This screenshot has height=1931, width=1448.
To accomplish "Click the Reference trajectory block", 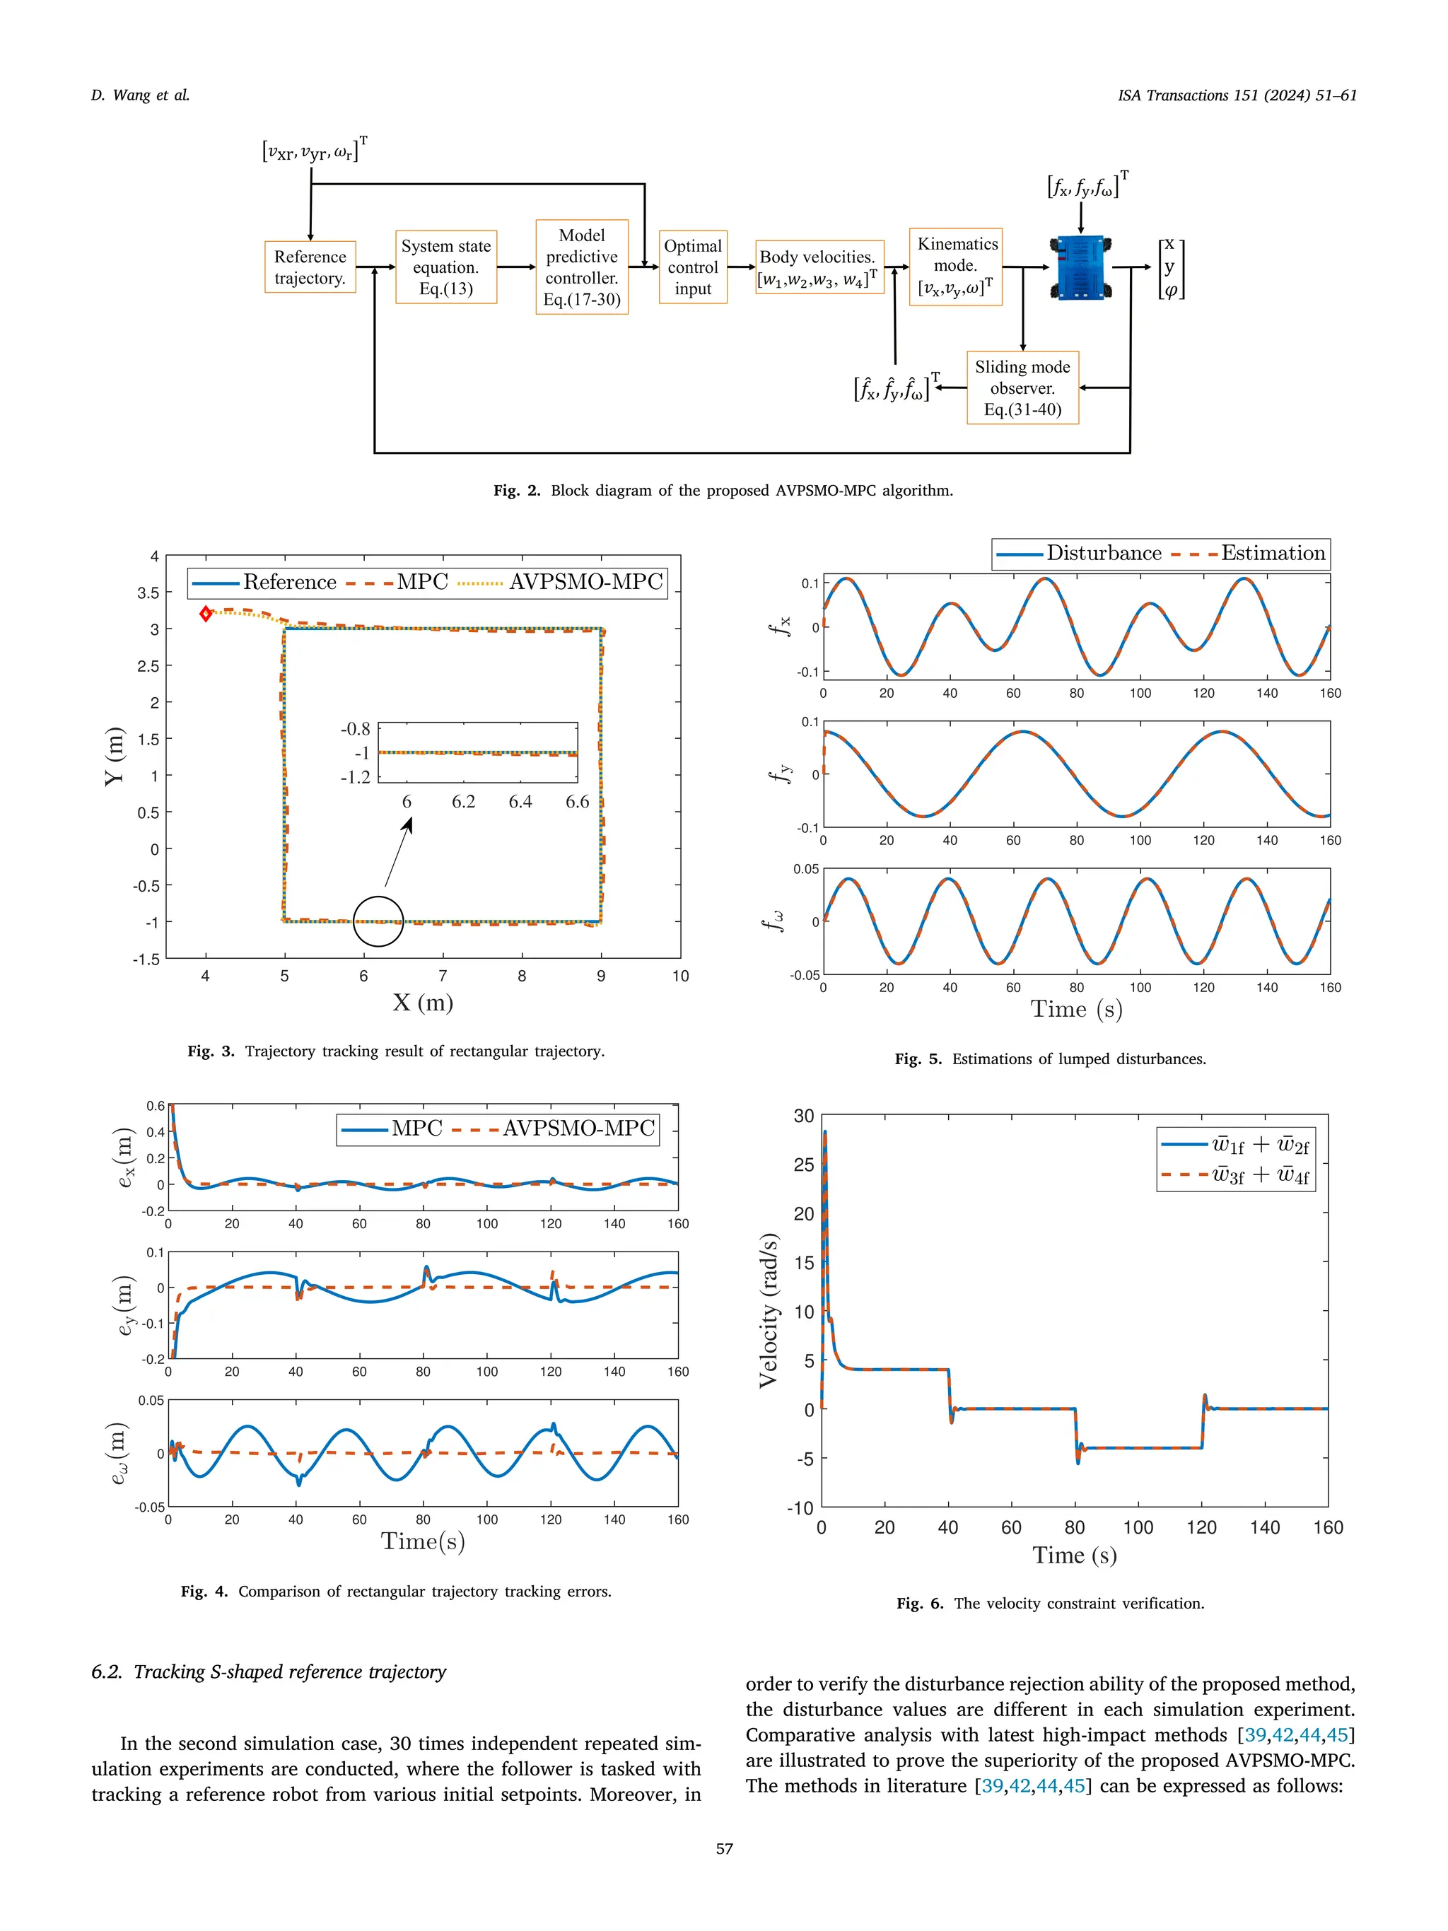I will click(x=310, y=267).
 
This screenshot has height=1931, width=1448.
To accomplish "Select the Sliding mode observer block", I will click(x=1022, y=387).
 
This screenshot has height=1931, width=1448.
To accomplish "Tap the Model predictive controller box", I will click(x=581, y=267).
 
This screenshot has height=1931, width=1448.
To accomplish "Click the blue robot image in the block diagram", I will click(x=1080, y=267).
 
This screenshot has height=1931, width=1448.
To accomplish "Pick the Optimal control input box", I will click(x=693, y=267).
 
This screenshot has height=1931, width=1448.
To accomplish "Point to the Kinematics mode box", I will click(x=956, y=267).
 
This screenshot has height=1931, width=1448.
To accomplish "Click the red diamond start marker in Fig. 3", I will click(x=206, y=614).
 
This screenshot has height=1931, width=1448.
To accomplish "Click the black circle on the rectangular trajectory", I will click(x=378, y=921).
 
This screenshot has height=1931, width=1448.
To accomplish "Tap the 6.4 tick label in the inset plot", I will click(x=520, y=801).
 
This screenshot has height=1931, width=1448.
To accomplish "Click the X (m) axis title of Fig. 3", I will click(x=422, y=1002).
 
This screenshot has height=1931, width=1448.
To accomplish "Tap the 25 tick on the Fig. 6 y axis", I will click(x=803, y=1165).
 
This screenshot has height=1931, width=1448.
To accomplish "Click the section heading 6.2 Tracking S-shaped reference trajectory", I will click(x=269, y=1672).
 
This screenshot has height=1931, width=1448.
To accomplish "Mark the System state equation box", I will click(x=446, y=267).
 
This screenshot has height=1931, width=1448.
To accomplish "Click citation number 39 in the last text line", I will click(x=993, y=1785).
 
